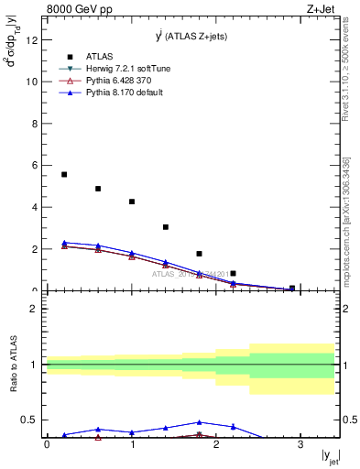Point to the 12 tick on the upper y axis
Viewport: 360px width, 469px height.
click(x=33, y=39)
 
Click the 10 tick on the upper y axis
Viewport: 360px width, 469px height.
click(x=33, y=82)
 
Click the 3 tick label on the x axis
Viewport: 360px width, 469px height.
click(x=300, y=444)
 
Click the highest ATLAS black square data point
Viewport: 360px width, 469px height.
click(x=64, y=174)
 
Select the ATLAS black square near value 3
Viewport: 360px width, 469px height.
click(x=166, y=227)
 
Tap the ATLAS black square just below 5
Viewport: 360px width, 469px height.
click(x=98, y=189)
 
